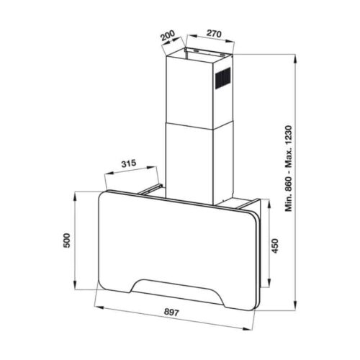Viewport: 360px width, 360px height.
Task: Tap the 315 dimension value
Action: click(128, 164)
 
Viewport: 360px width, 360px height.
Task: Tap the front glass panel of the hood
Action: click(173, 238)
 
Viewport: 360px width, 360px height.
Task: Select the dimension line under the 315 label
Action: click(135, 173)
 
